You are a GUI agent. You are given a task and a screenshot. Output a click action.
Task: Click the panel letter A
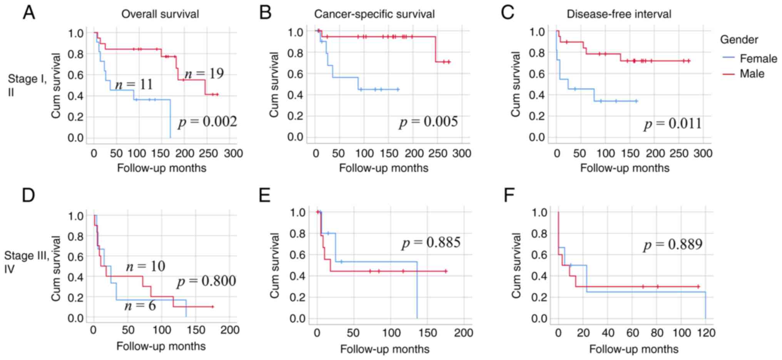[x=29, y=13]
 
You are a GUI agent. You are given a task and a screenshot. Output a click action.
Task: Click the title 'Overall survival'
[x=160, y=14]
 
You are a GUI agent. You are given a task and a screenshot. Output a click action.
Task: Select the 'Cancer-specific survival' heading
[x=374, y=14]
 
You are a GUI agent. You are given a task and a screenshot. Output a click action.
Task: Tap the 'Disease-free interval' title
[x=619, y=14]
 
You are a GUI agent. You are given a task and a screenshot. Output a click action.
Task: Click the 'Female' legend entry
[x=758, y=59]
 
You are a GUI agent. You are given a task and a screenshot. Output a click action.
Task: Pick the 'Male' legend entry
[x=752, y=74]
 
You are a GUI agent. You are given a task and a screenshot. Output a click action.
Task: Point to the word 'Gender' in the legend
[x=739, y=40]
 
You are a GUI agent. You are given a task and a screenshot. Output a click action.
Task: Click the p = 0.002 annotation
[x=207, y=122]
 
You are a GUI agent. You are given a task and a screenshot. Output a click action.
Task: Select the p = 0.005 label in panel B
[x=428, y=122]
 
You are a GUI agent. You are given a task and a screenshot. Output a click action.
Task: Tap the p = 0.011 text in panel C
[x=673, y=124]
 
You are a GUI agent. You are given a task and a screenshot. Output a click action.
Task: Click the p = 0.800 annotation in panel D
[x=206, y=281]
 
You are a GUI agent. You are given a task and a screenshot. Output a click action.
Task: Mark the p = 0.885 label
[x=431, y=243]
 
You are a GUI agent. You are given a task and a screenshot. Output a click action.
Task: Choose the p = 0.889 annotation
[x=673, y=244]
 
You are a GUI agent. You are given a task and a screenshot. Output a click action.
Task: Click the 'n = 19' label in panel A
[x=204, y=73]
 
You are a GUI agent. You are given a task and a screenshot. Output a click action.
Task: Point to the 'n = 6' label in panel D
[x=140, y=306]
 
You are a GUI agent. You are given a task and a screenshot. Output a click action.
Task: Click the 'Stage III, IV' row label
[x=26, y=262]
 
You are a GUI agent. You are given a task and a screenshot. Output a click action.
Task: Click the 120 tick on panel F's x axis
[x=706, y=332]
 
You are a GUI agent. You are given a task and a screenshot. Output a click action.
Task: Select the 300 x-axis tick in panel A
[x=233, y=153]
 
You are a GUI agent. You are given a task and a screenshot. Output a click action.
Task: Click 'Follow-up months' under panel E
[x=384, y=349]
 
